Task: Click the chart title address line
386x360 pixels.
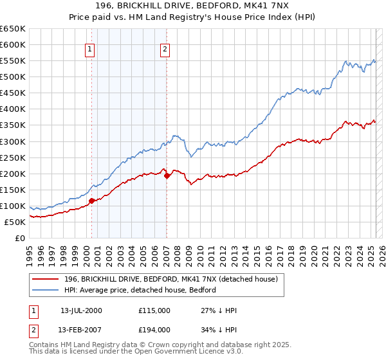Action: coord(193,6)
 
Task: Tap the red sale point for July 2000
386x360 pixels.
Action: coord(91,201)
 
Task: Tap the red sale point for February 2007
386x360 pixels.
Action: coord(167,175)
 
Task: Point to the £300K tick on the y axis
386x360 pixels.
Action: coord(14,141)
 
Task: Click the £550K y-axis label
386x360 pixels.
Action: coord(14,61)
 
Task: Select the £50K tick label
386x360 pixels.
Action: coord(16,222)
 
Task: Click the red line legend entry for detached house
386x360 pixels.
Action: coord(170,279)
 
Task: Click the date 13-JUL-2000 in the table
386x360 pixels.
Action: coord(81,310)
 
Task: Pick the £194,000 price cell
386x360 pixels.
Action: coord(154,330)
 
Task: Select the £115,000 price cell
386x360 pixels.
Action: coord(154,310)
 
